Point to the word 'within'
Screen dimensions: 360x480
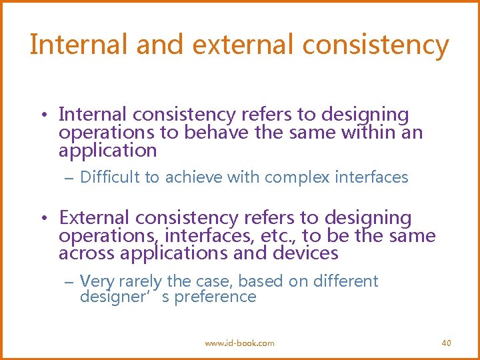pyautogui.click(x=368, y=133)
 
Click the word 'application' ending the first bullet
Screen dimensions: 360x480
pyautogui.click(x=107, y=151)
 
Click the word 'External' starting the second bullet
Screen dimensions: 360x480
pyautogui.click(x=94, y=218)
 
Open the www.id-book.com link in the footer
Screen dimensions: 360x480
pyautogui.click(x=239, y=343)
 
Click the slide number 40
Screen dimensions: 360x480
pyautogui.click(x=446, y=343)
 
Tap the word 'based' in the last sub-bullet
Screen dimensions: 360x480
pyautogui.click(x=260, y=281)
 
